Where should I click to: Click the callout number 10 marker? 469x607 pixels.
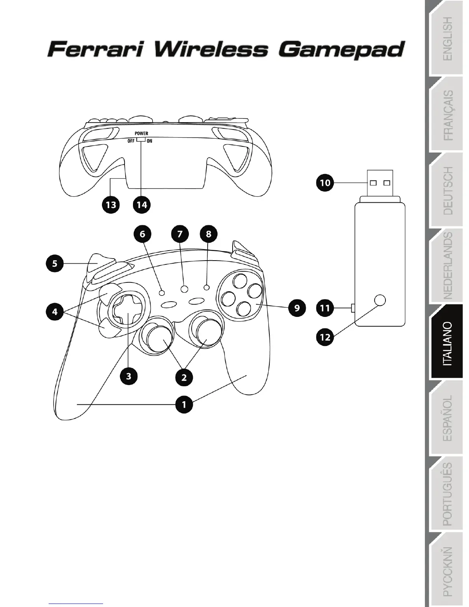(x=325, y=182)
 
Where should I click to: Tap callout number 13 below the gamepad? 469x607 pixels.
(x=111, y=205)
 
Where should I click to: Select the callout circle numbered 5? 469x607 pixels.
(x=55, y=264)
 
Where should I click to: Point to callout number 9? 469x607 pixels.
(x=297, y=307)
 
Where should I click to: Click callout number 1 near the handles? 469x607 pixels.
(x=184, y=404)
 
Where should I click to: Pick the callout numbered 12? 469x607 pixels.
(x=325, y=337)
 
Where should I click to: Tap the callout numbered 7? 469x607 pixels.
(x=180, y=234)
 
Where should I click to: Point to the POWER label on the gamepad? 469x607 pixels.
(x=141, y=133)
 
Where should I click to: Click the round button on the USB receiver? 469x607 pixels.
(x=380, y=300)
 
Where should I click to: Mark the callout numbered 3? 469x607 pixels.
(x=128, y=376)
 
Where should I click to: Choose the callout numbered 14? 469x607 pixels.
(x=142, y=205)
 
